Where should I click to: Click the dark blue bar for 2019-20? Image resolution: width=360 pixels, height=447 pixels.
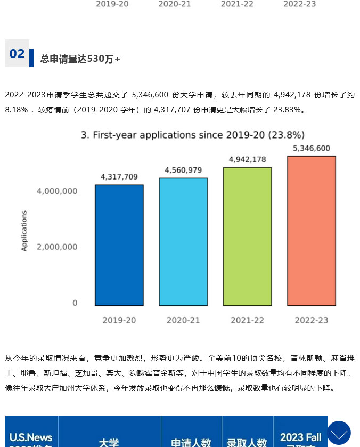119,245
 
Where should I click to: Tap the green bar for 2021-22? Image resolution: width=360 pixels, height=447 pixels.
247,237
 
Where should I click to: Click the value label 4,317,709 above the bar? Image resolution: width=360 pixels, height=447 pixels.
119,177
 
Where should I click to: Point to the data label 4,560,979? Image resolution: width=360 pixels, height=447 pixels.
183,170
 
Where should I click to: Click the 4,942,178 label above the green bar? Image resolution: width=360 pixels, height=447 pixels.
247,159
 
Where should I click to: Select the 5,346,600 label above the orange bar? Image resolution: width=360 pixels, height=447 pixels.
312,148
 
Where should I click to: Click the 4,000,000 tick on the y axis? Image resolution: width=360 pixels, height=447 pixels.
57,191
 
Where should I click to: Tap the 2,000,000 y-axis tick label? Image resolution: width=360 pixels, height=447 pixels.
57,247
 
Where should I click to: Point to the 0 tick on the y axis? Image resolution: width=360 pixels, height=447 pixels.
75,303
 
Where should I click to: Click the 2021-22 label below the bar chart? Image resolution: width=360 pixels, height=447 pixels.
247,320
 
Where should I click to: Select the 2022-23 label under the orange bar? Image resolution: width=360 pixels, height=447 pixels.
312,320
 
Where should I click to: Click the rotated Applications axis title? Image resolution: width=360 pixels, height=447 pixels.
24,231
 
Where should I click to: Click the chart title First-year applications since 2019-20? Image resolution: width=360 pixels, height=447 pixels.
193,135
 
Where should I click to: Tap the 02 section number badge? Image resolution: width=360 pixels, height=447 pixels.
17,54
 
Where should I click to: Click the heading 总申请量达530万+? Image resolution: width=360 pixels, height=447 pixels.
80,59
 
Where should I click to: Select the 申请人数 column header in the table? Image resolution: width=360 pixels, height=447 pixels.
191,442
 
